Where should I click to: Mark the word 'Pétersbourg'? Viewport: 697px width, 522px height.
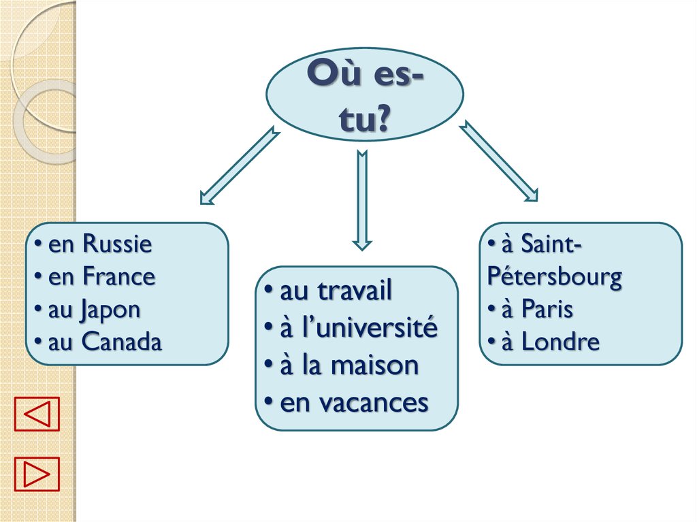(554, 277)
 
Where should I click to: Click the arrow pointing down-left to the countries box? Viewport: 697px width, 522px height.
(239, 165)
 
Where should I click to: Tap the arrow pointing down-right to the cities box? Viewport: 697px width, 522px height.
(499, 161)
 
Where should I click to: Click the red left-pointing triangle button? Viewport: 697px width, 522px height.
(37, 414)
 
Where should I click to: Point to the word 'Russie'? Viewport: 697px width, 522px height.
(117, 244)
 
